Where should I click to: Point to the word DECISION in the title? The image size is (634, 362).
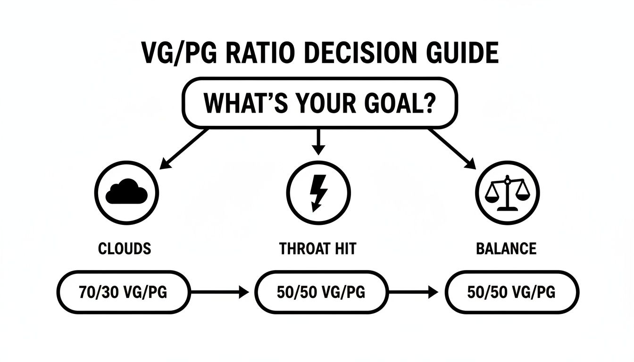coord(363,53)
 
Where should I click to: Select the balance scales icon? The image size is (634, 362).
coord(507,193)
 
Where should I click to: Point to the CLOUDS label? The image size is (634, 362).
coord(125,248)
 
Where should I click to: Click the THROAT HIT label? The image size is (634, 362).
coord(317,248)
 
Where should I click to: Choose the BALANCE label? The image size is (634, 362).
coord(506,248)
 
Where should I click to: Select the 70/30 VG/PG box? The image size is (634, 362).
coord(123,292)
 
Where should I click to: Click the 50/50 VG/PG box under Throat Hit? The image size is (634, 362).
coord(321,292)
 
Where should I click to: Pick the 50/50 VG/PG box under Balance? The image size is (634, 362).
coord(512,292)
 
